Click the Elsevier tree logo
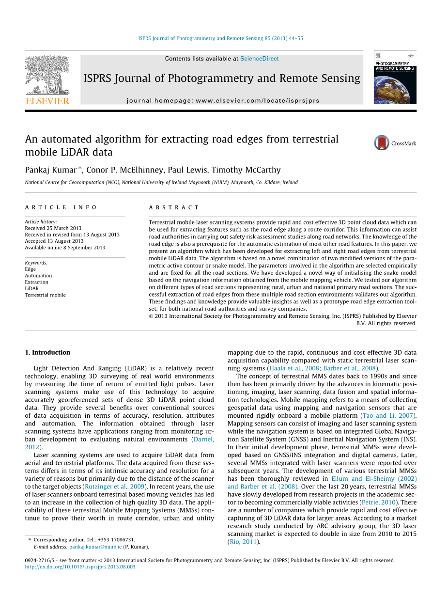[x=47, y=76]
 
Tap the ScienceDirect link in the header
[x=259, y=59]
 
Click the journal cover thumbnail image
[x=395, y=78]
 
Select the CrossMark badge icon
[x=382, y=143]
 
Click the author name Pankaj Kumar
[x=51, y=170]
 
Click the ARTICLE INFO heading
[x=61, y=207]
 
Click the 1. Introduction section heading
[x=47, y=352]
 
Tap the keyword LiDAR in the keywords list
[x=32, y=288]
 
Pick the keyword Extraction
[x=37, y=282]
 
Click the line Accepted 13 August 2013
[x=54, y=241]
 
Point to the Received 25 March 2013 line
[x=53, y=228]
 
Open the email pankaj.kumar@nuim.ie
[x=95, y=547]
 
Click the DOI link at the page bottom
[x=80, y=567]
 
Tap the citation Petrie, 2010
[x=379, y=503]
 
